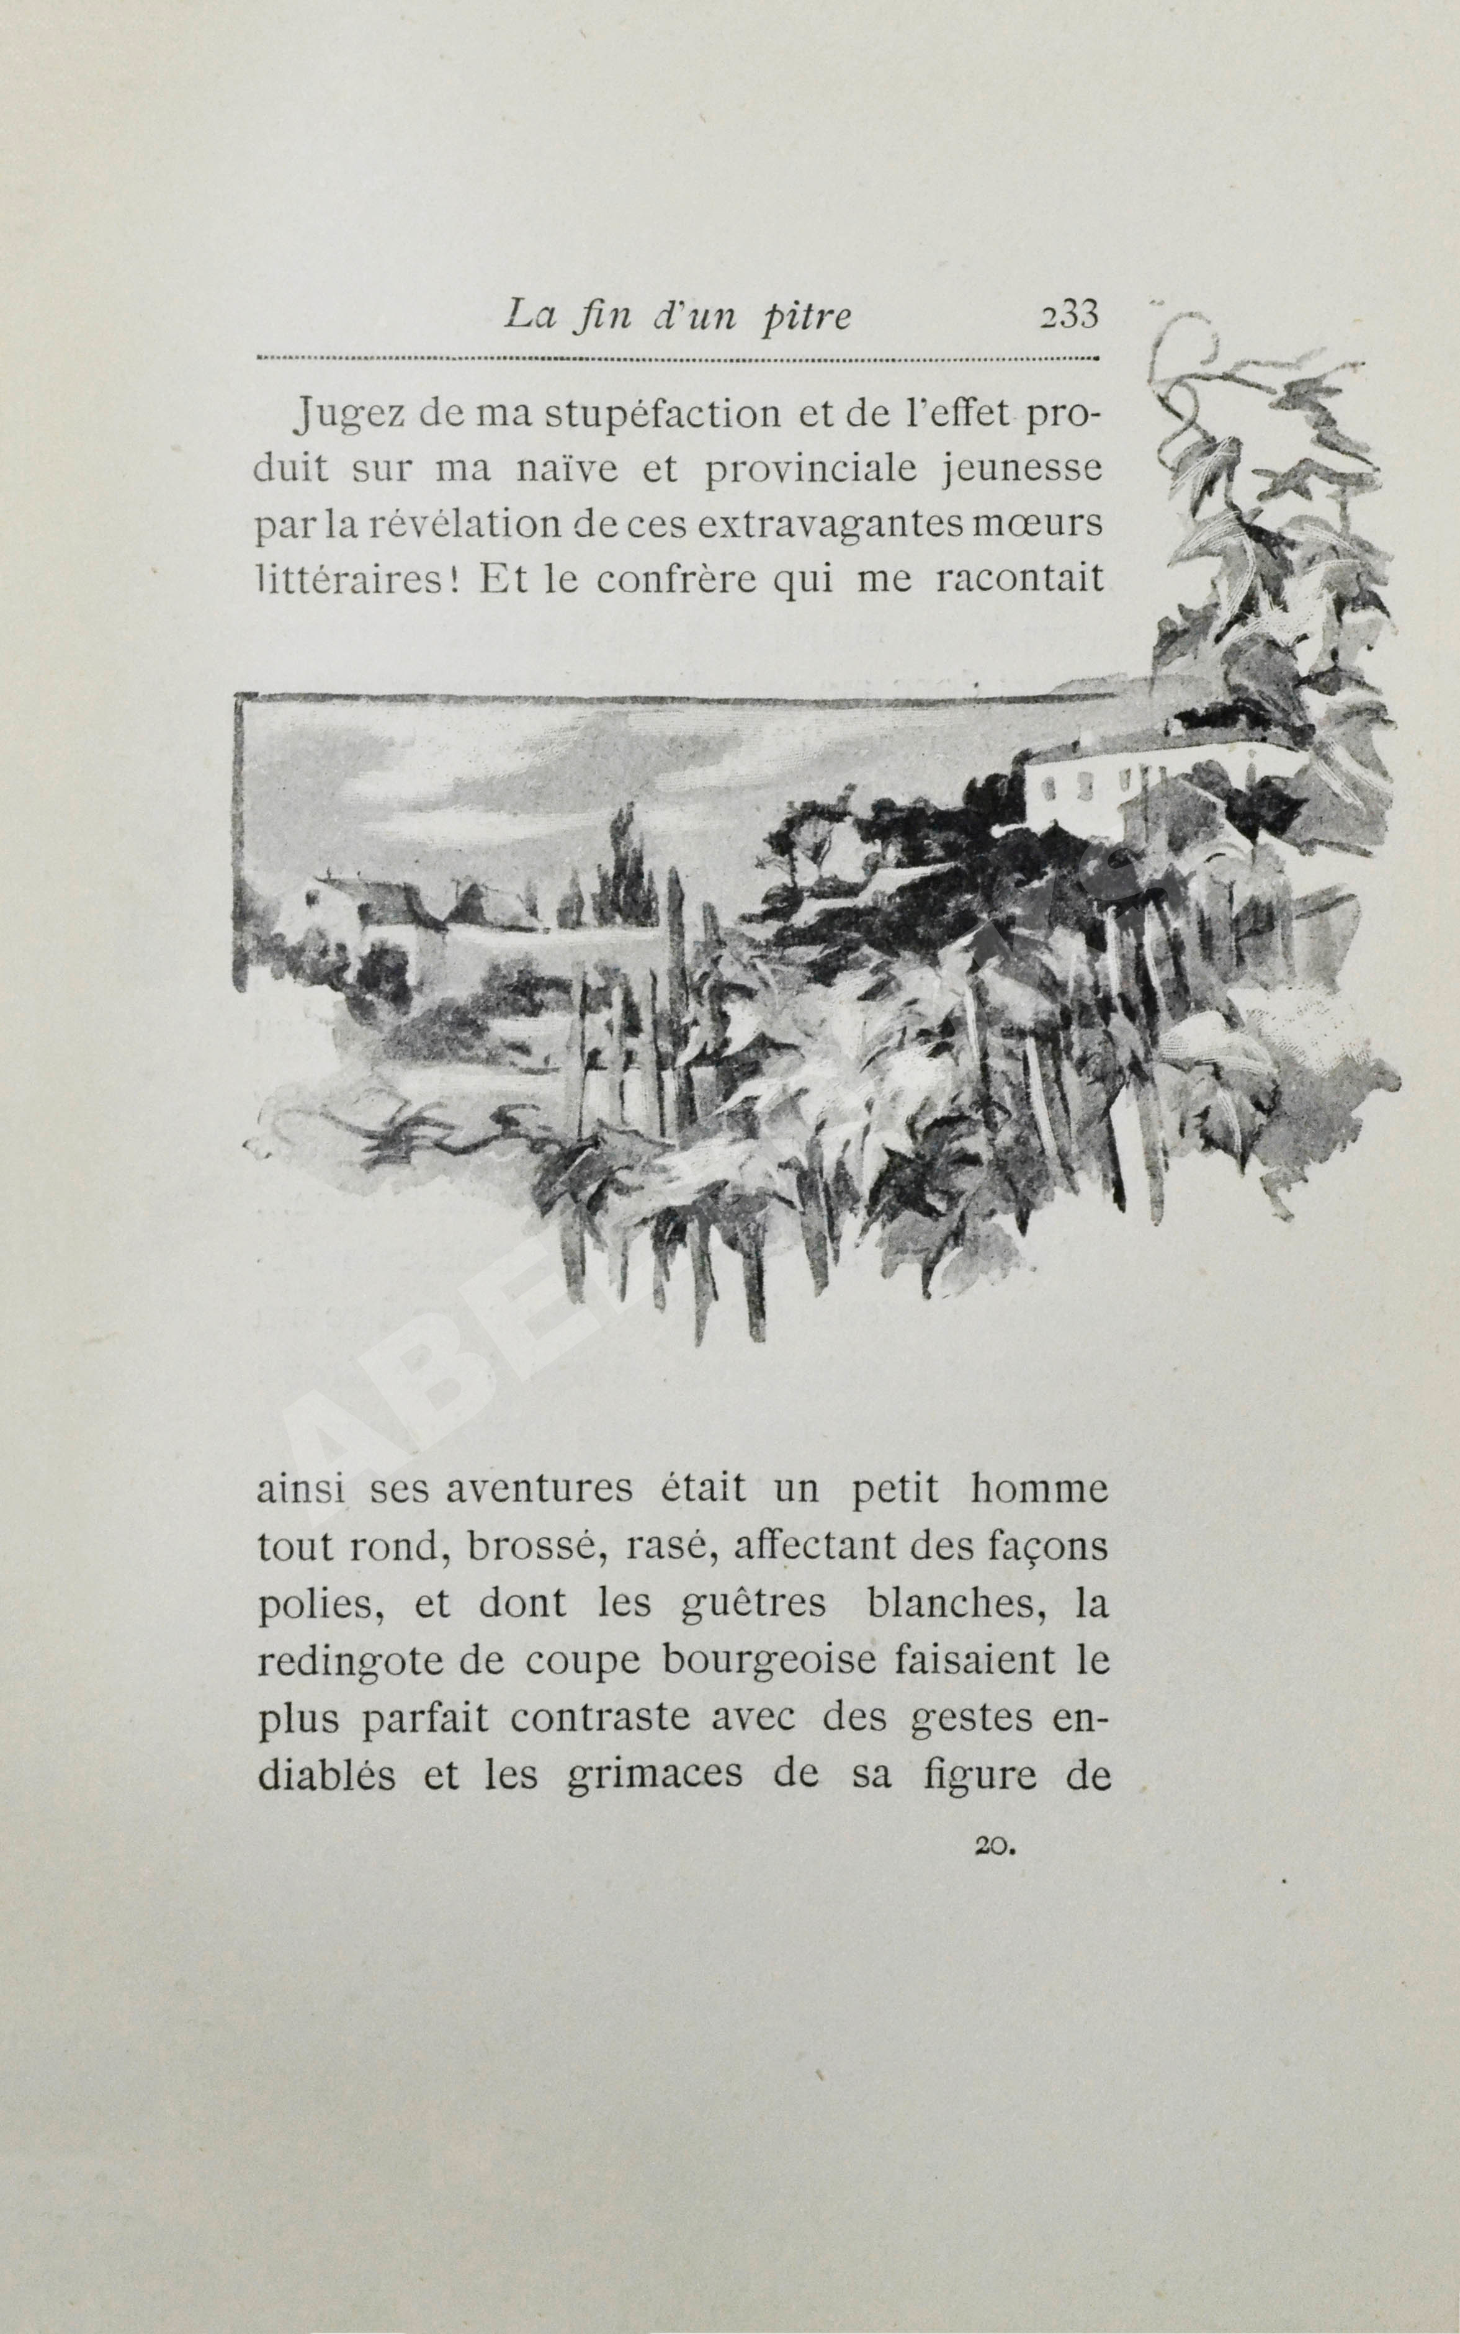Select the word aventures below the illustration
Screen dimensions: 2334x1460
pos(539,1489)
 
